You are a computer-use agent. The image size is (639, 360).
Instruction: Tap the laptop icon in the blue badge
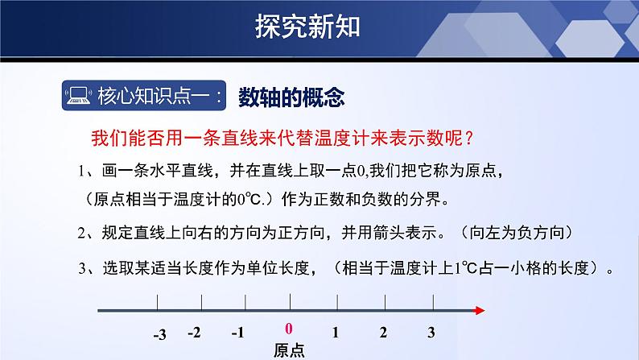[78, 98]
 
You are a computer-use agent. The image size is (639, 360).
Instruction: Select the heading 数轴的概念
[292, 97]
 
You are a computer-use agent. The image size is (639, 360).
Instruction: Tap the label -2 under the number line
[193, 332]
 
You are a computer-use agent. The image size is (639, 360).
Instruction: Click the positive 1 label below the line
[336, 332]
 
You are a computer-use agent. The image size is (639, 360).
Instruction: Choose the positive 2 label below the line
[384, 332]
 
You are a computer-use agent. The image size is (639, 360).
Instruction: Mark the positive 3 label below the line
[431, 332]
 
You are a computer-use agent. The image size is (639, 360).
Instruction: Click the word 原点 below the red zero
[288, 350]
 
